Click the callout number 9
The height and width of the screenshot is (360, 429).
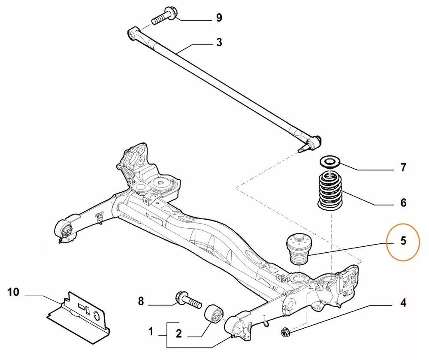(x=219, y=18)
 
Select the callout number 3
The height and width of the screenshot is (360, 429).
(x=219, y=42)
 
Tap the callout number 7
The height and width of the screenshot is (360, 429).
(x=403, y=167)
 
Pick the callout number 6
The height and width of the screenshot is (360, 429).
(x=403, y=203)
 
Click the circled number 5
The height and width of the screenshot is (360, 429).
(x=403, y=241)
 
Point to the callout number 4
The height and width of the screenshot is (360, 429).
(x=403, y=304)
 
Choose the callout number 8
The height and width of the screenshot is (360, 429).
(x=141, y=302)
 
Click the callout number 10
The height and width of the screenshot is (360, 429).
(x=13, y=293)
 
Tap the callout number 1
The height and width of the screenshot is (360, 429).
(x=151, y=331)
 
